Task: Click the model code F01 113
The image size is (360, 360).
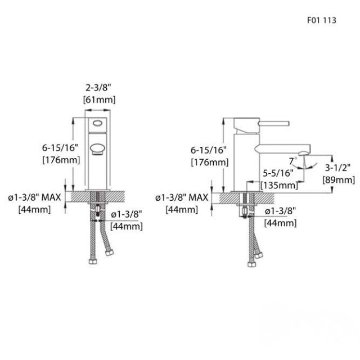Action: click(321, 18)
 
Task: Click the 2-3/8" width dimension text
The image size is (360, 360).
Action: click(99, 88)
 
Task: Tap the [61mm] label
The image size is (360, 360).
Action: click(99, 100)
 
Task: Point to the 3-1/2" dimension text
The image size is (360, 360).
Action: click(338, 168)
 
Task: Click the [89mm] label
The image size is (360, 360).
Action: click(338, 180)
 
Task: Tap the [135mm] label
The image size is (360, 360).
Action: click(280, 185)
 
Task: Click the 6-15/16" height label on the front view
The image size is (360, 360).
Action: click(60, 148)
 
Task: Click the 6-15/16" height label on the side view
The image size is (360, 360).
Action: click(209, 150)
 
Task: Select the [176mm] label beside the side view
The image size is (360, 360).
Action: click(209, 162)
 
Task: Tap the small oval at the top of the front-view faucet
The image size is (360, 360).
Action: click(98, 123)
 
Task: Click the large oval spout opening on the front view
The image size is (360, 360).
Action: click(98, 149)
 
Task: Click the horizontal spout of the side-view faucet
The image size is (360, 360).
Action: click(281, 149)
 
